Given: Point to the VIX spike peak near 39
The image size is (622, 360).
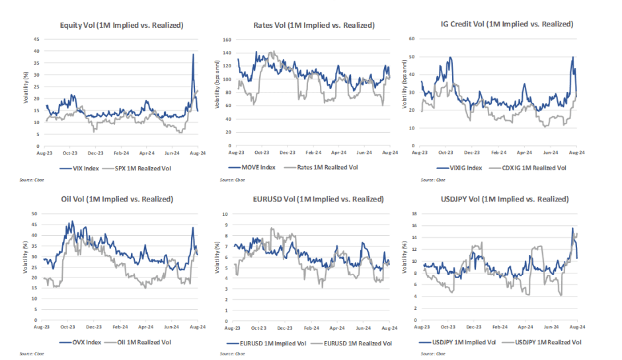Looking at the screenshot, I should click(x=192, y=54).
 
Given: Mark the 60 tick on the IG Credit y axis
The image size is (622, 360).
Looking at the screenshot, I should click(x=410, y=39).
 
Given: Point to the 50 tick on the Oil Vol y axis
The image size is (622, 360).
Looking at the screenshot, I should click(x=36, y=214).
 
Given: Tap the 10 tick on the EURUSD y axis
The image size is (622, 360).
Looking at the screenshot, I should click(x=225, y=214).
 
